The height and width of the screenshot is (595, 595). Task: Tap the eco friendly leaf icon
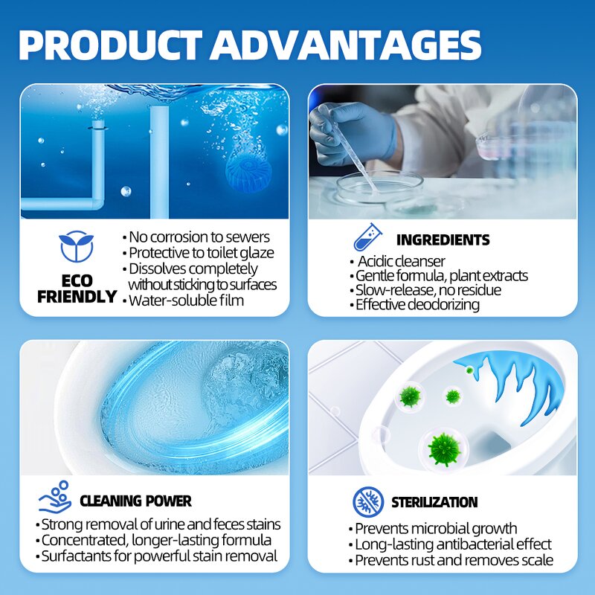[77, 246]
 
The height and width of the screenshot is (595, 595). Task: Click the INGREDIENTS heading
[443, 239]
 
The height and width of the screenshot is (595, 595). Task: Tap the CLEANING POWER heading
[135, 501]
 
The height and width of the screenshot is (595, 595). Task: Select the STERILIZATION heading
[434, 502]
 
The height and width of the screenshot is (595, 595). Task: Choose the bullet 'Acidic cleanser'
[401, 261]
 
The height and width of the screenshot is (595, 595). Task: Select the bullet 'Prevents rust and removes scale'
[454, 560]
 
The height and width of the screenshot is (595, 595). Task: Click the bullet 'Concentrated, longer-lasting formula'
[156, 540]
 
